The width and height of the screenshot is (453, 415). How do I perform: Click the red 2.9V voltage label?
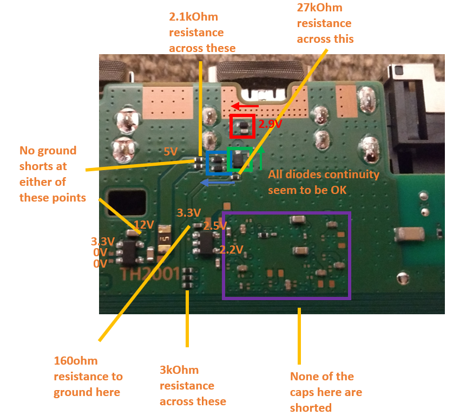coord(270,124)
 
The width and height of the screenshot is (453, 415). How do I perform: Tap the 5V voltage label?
coord(170,152)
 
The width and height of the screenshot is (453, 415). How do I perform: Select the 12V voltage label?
coord(144,225)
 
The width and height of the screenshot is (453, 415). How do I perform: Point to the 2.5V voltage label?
coord(215,225)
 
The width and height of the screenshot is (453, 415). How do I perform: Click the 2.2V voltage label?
coord(232,249)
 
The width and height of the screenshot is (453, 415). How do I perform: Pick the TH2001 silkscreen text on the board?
coord(150,274)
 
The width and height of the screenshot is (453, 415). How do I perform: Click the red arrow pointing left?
coord(245,106)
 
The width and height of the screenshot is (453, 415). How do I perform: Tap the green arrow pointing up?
coord(261,158)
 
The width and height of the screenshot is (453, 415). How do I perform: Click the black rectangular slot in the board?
coord(127,203)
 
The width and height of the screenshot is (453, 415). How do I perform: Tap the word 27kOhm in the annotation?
coord(319,8)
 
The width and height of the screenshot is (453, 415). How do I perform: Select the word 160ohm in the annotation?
coord(76,361)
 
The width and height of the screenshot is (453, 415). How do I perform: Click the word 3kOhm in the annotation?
coord(179,370)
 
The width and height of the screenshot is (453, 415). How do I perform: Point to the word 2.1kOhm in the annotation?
coord(194,17)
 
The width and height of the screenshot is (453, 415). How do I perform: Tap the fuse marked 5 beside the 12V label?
coord(165,238)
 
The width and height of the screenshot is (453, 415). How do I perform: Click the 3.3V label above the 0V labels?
coord(103,241)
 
